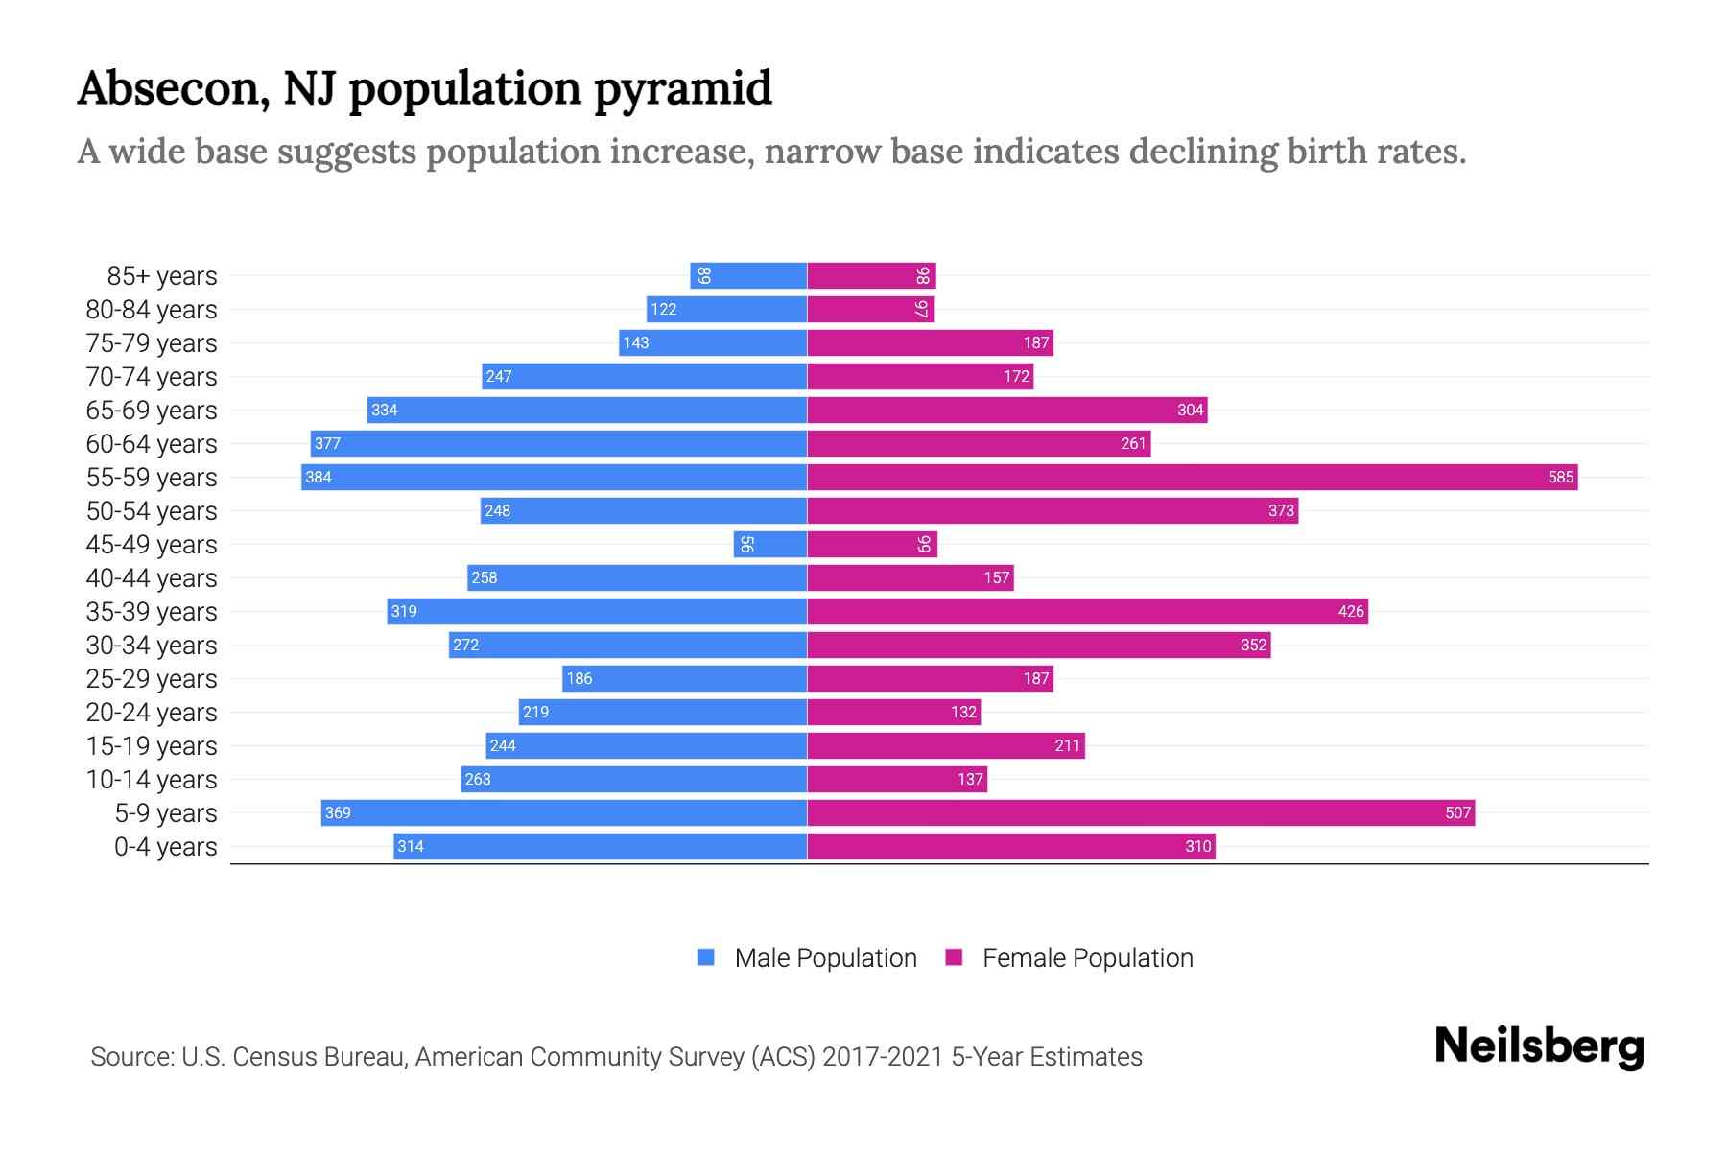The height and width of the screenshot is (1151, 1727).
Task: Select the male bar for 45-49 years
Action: [x=770, y=544]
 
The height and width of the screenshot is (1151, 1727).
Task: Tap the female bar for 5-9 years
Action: [x=1140, y=812]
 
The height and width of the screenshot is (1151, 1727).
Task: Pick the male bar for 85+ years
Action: [x=748, y=275]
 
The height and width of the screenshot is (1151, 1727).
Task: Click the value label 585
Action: [x=1560, y=477]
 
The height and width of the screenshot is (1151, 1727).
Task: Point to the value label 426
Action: [x=1350, y=611]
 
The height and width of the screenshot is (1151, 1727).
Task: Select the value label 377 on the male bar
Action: [x=327, y=443]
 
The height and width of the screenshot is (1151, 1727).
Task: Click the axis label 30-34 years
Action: [x=152, y=646]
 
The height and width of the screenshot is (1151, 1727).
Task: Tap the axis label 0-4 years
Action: [x=165, y=847]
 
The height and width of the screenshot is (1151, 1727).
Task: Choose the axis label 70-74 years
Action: [x=152, y=377]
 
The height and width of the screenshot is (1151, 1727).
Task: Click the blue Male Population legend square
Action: [x=706, y=957]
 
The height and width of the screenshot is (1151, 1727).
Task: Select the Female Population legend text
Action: [x=1087, y=957]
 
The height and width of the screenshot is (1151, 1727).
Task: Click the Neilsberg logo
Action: [x=1539, y=1046]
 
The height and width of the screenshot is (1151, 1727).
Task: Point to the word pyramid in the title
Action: [x=682, y=90]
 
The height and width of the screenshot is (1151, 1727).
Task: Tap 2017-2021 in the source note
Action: [x=883, y=1057]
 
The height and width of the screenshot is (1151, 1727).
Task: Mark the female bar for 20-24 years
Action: [x=893, y=712]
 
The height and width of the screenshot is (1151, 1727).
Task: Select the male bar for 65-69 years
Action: [x=586, y=410]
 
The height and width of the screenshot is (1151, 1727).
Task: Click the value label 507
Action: [x=1456, y=812]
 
